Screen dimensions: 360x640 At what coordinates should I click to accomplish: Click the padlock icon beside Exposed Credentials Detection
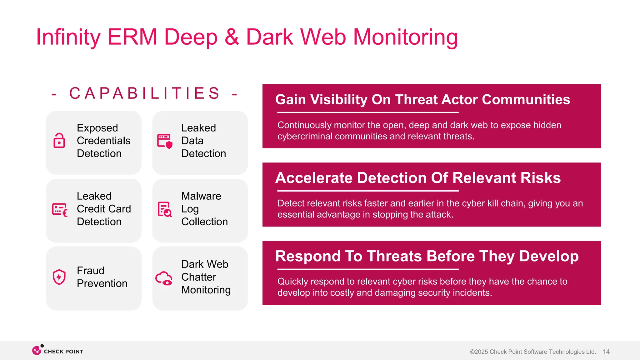click(x=59, y=141)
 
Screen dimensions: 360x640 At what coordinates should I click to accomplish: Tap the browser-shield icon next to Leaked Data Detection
click(x=165, y=141)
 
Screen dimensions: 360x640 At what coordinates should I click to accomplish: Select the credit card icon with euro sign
click(x=60, y=209)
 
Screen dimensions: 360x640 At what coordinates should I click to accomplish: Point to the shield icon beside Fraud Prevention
click(x=59, y=277)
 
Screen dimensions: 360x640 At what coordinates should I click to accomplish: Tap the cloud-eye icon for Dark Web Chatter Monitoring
click(x=164, y=278)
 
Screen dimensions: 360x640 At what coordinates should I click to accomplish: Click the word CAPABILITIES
click(x=145, y=93)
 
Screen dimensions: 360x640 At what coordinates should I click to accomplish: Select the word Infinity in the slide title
click(x=68, y=37)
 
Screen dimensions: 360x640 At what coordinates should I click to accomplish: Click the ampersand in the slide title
click(x=232, y=37)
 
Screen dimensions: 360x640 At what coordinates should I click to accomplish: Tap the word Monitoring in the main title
click(x=405, y=37)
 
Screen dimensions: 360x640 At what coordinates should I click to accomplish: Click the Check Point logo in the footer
click(x=58, y=351)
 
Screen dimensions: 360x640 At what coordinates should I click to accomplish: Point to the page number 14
click(x=606, y=352)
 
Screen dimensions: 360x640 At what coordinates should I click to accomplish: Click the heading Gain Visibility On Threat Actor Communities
click(x=422, y=100)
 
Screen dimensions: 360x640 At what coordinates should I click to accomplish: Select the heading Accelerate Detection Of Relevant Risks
click(x=418, y=178)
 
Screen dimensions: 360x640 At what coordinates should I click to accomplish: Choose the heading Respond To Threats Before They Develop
click(x=427, y=256)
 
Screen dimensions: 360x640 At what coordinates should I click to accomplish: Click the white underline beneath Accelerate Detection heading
click(x=367, y=191)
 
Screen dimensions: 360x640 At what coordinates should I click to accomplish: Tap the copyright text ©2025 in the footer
click(x=479, y=352)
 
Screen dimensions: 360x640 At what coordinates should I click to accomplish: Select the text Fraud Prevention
click(x=102, y=277)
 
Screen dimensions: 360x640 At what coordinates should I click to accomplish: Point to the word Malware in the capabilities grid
click(x=201, y=196)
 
